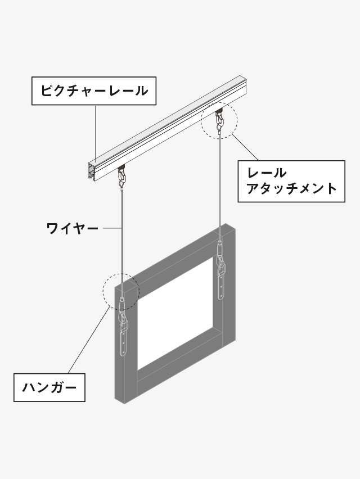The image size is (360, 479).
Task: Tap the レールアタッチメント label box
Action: pyautogui.click(x=291, y=181)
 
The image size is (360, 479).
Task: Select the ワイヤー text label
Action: pyautogui.click(x=73, y=228)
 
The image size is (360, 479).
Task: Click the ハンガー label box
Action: pyautogui.click(x=49, y=388)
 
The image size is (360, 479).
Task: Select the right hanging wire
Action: pyautogui.click(x=219, y=186)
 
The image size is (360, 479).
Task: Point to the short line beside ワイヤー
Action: pyautogui.click(x=112, y=228)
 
